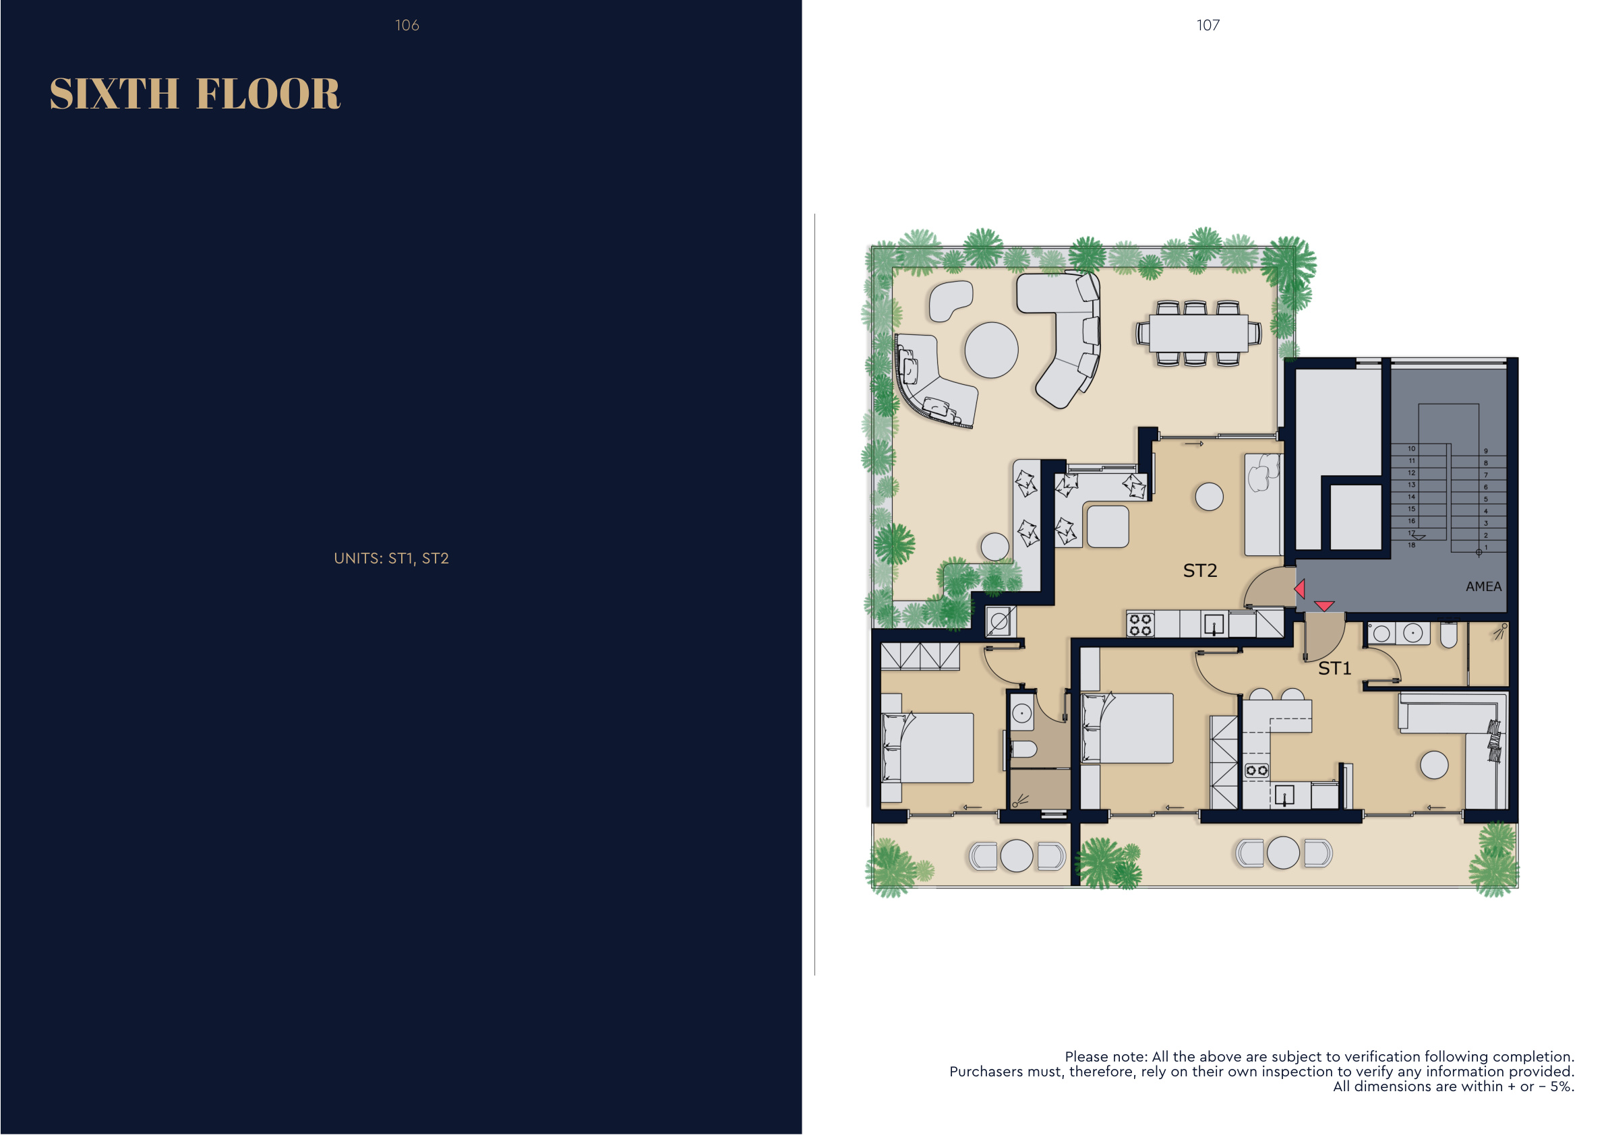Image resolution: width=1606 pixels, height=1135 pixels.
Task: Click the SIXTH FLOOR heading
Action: coord(195,94)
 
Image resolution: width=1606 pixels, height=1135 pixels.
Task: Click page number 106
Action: coord(407,25)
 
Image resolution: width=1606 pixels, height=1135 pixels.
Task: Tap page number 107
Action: coord(1208,25)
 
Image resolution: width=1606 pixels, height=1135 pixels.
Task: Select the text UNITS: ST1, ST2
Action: coord(391,558)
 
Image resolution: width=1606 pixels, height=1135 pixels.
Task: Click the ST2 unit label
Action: coord(1200,571)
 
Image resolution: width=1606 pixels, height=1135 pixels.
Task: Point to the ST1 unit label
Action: coord(1334,669)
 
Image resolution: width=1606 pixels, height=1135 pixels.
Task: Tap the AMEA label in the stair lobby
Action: coord(1483,587)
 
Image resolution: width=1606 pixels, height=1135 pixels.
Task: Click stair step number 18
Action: coord(1412,545)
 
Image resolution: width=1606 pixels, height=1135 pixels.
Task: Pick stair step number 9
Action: coord(1486,451)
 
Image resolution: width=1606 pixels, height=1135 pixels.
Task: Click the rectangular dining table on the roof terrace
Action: coord(1199,333)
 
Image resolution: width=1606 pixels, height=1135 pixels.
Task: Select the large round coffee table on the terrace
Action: coord(991,350)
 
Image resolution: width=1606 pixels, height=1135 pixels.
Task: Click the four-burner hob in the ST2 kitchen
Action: coord(1141,625)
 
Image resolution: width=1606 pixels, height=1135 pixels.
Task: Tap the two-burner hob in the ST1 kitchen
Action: coord(1257,770)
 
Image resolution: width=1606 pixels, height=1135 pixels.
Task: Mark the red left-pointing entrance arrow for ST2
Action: coord(1300,589)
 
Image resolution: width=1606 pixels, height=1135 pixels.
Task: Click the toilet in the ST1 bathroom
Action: coord(1449,635)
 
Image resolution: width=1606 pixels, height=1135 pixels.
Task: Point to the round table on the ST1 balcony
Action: coord(1283,853)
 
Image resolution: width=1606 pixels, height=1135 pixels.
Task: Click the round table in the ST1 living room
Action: coord(1434,765)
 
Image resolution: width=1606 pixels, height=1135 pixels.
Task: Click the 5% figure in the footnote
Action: coord(1562,1086)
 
